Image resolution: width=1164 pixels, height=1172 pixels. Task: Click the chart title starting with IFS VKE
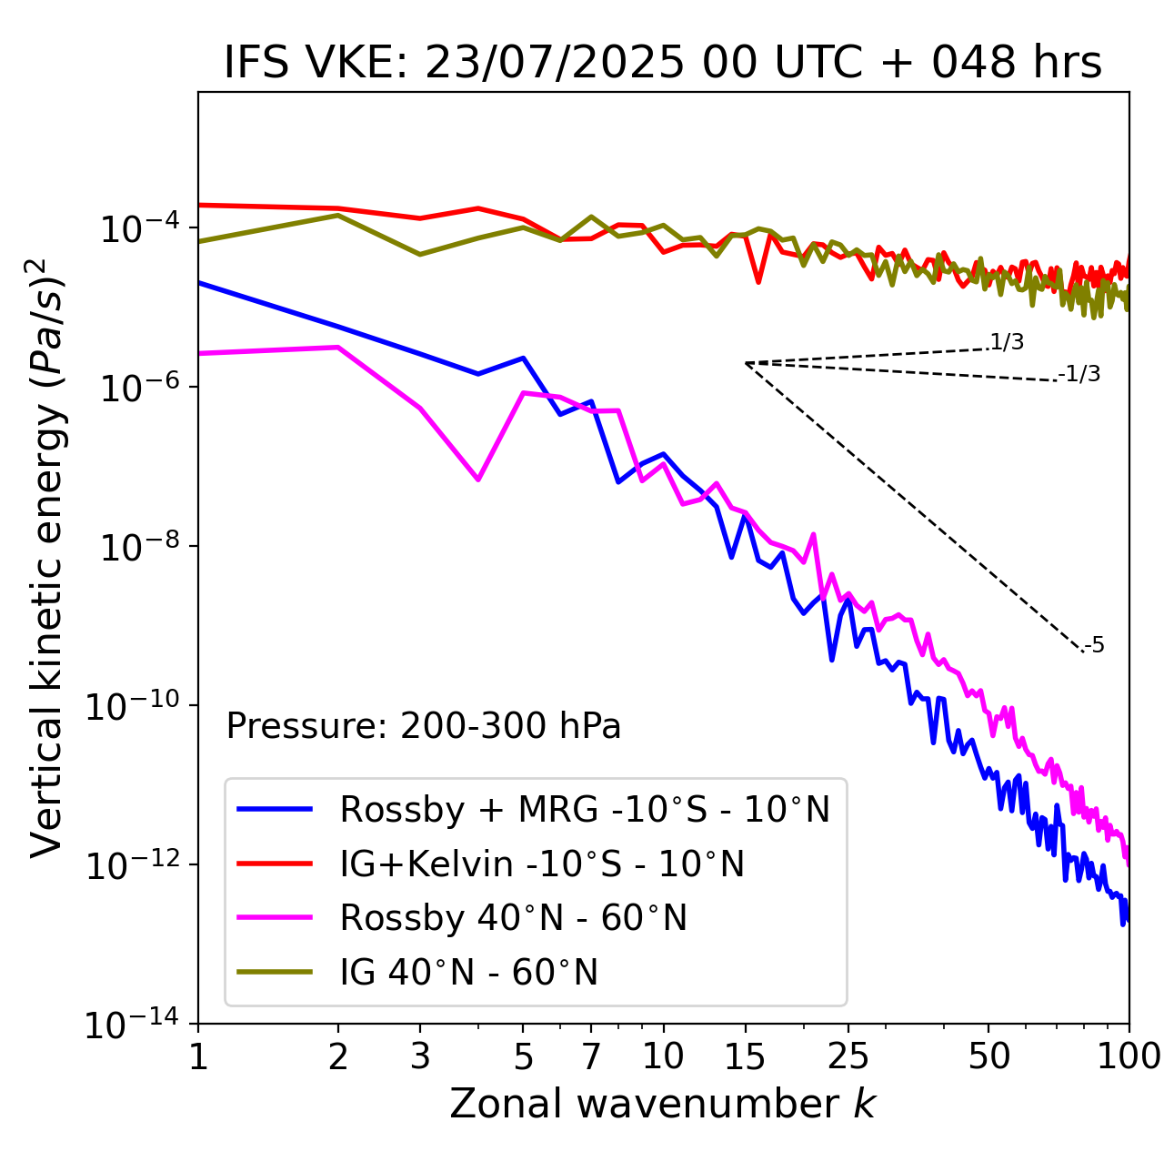[663, 63]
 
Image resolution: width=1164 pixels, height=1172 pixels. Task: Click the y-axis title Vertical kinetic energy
[47, 557]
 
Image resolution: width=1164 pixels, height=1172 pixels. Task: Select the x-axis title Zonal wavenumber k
[663, 1104]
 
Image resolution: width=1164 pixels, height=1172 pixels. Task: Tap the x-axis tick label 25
[848, 1056]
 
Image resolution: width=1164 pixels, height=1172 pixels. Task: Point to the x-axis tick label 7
[592, 1056]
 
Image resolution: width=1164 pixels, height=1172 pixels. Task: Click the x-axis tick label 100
[1129, 1056]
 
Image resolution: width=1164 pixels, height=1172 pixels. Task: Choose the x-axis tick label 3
[420, 1056]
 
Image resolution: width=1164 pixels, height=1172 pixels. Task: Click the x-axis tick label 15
[745, 1056]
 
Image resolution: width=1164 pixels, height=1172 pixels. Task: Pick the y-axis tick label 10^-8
[137, 547]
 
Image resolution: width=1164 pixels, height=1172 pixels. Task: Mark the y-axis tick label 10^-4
[137, 228]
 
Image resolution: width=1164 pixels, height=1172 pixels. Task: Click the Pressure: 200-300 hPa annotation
[424, 726]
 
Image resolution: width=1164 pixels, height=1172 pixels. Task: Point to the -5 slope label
[1094, 646]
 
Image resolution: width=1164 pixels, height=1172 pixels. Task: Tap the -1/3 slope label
[1080, 374]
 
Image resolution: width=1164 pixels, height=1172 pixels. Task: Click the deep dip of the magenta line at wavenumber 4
[478, 479]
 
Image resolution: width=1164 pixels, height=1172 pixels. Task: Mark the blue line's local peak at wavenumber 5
[523, 358]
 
